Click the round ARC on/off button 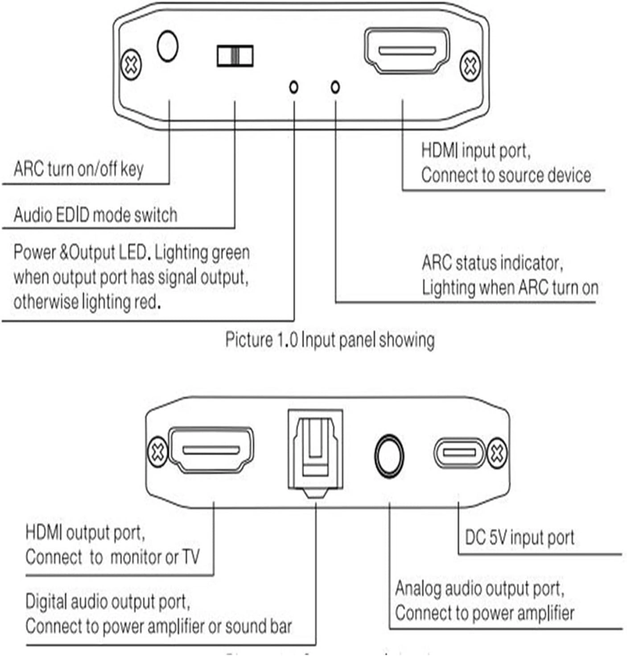[x=168, y=46]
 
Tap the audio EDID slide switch [x=235, y=56]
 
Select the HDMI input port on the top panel [x=407, y=50]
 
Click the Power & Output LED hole [x=293, y=87]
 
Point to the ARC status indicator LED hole [x=335, y=87]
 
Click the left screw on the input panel [x=131, y=65]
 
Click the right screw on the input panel [x=470, y=66]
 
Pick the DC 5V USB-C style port [x=459, y=453]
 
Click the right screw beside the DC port [x=497, y=454]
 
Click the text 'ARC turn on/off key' [x=78, y=169]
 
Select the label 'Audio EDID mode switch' [x=95, y=215]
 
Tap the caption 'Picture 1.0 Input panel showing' [x=330, y=340]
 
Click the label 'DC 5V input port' [x=520, y=538]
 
